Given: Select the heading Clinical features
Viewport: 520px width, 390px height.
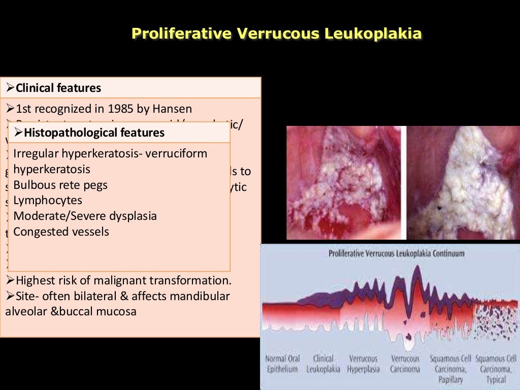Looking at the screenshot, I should pyautogui.click(x=58, y=88).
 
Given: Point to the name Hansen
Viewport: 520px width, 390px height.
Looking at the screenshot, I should pyautogui.click(x=174, y=109).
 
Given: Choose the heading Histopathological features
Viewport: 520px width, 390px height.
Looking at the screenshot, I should pyautogui.click(x=94, y=133).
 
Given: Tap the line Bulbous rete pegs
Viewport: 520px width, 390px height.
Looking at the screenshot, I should pyautogui.click(x=60, y=185).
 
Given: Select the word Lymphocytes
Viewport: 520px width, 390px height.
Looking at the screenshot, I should pyautogui.click(x=48, y=201).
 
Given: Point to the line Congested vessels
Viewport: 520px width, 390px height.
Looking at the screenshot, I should pyautogui.click(x=61, y=232).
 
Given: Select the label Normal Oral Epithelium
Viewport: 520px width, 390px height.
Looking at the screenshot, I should pyautogui.click(x=282, y=364).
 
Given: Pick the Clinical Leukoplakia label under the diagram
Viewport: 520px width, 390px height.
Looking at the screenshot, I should pyautogui.click(x=323, y=364).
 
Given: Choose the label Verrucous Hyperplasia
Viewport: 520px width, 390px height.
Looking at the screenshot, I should pyautogui.click(x=364, y=364).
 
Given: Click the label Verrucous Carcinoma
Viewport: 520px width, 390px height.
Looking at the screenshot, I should pyautogui.click(x=405, y=364).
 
